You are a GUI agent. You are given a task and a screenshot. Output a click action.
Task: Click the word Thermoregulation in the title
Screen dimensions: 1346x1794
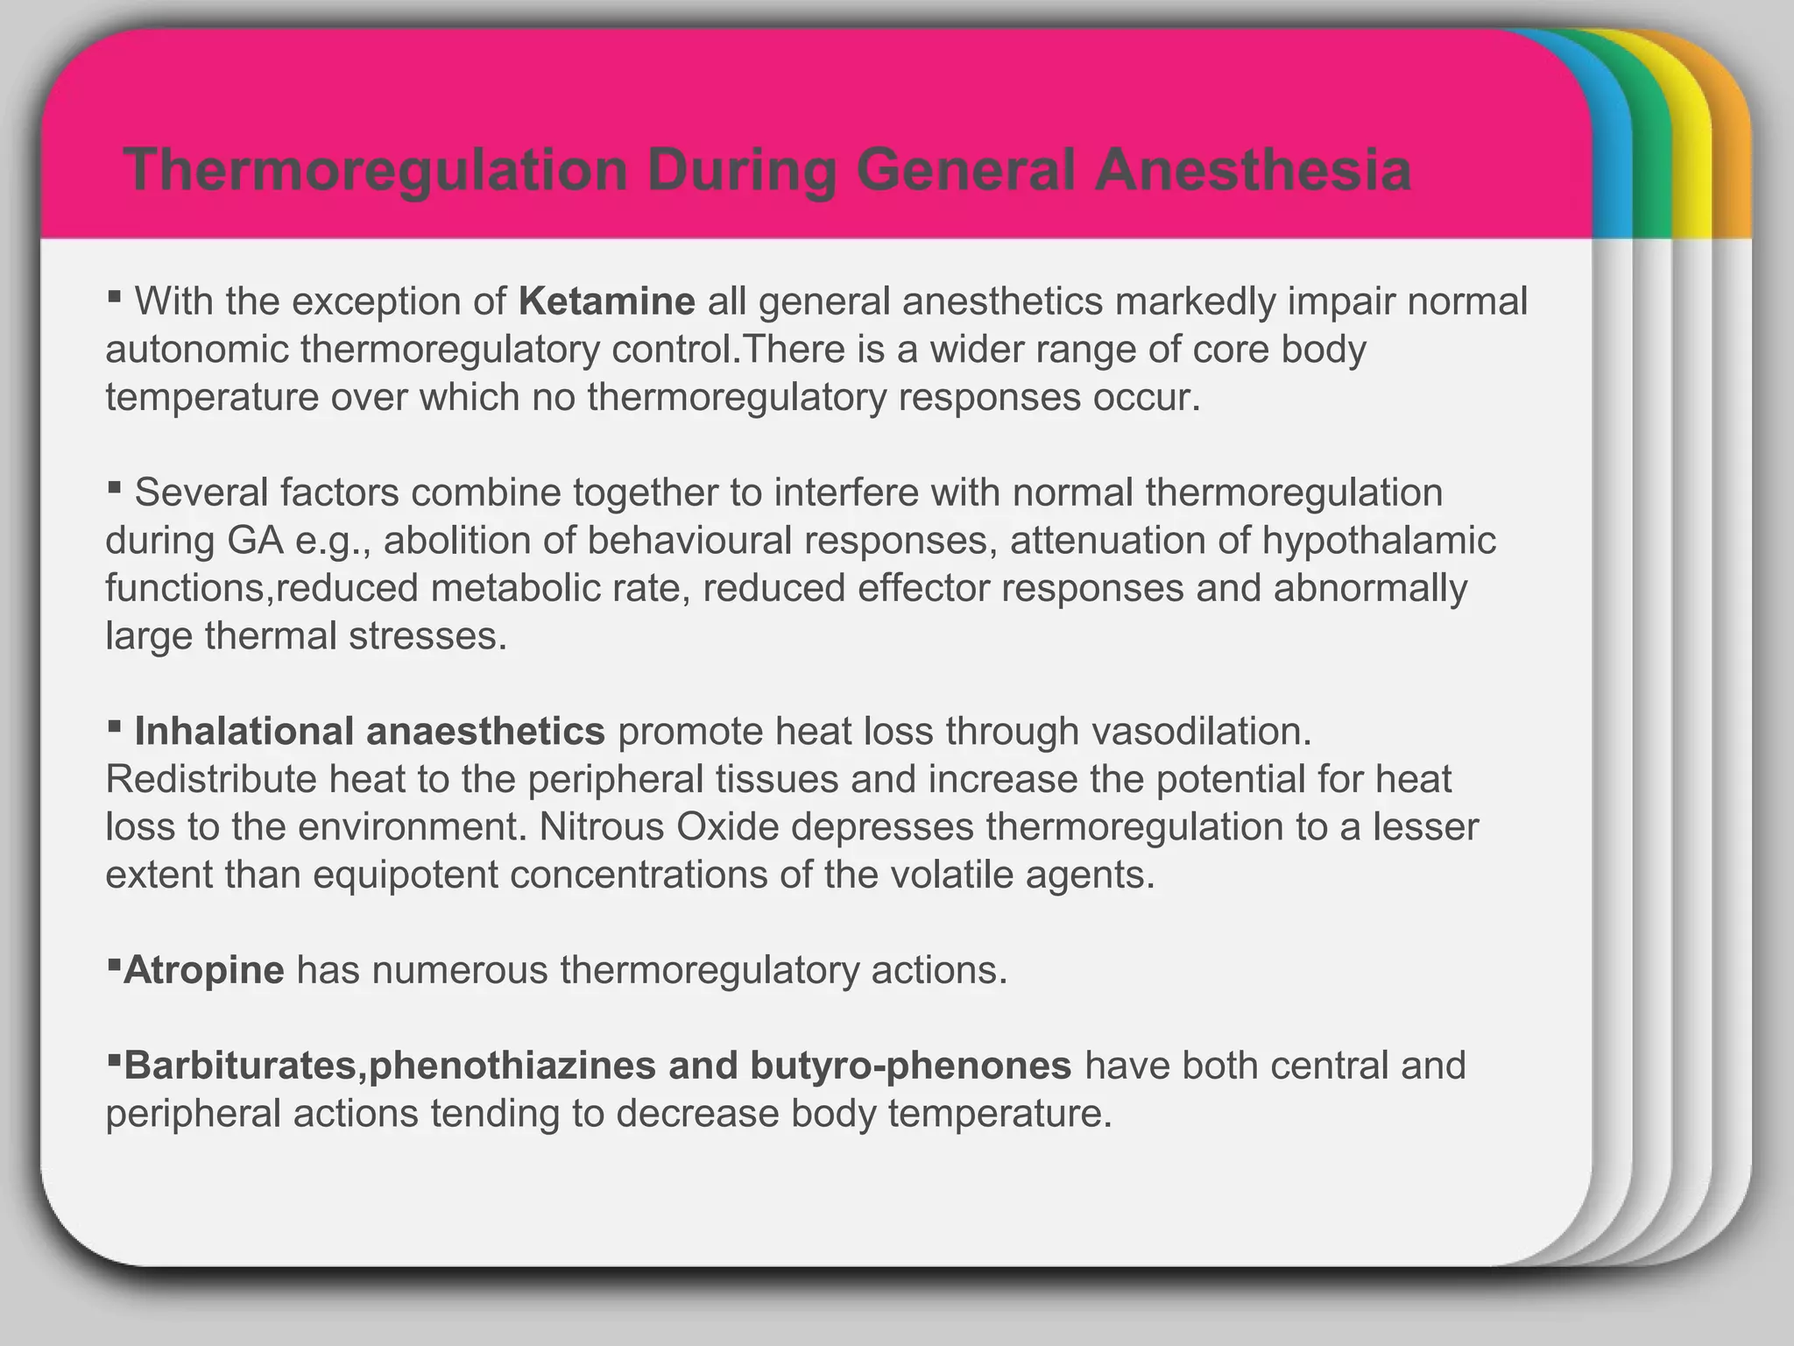376,170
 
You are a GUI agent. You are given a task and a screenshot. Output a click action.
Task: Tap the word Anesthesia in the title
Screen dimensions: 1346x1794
1253,170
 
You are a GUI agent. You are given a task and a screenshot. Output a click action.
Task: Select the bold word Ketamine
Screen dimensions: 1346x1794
607,301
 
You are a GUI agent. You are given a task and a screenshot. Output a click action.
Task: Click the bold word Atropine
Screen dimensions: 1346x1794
204,970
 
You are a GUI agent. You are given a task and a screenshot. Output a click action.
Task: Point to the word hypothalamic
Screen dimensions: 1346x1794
1379,541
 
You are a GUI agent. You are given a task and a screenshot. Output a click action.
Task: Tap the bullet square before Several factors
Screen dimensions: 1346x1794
114,485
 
